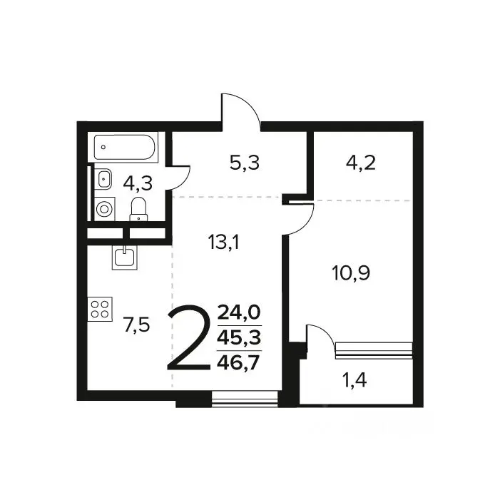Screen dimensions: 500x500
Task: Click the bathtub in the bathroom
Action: [x=126, y=148]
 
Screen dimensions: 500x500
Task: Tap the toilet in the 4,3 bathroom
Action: [x=138, y=209]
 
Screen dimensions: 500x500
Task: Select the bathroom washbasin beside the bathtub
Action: [x=103, y=178]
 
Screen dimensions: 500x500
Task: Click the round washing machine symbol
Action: [x=105, y=209]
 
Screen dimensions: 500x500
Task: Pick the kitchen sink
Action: [x=124, y=257]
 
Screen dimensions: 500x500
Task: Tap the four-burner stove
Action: [x=100, y=309]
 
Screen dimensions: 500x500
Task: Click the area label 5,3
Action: [x=245, y=163]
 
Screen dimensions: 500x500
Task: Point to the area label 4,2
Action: [x=361, y=163]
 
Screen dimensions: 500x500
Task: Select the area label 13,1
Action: [x=223, y=242]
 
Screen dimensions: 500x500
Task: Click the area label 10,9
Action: [x=351, y=273]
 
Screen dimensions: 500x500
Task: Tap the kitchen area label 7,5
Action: [x=136, y=325]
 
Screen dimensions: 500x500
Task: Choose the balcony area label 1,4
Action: [x=354, y=379]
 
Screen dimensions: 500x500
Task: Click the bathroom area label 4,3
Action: [x=138, y=184]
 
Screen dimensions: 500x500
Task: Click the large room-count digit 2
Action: [x=189, y=337]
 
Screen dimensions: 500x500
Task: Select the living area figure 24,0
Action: [x=239, y=312]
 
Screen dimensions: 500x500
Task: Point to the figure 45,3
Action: [x=239, y=337]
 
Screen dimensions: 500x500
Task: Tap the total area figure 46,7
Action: [x=238, y=363]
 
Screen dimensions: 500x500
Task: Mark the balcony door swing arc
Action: [x=325, y=332]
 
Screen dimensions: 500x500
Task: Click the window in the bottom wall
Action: [x=245, y=399]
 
